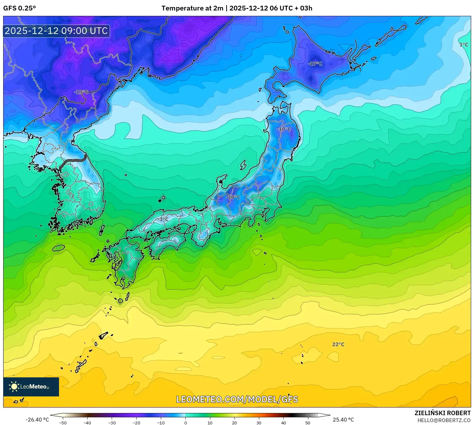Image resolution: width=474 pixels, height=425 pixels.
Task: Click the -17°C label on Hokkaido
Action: (x=315, y=64)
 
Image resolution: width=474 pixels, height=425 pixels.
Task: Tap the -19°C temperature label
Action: (x=81, y=92)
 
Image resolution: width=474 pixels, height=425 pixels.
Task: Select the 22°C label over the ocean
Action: (x=338, y=344)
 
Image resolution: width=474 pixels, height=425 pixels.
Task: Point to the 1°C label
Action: (x=464, y=45)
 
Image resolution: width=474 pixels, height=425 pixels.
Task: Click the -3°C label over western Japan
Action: (x=163, y=219)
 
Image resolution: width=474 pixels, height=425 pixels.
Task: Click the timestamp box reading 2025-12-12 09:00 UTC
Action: (x=56, y=31)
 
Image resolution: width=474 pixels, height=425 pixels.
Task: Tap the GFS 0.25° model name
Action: (x=19, y=8)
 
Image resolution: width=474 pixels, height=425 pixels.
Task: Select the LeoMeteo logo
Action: (x=31, y=387)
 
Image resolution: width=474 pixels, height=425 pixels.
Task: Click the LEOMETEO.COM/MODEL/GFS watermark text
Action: (x=237, y=399)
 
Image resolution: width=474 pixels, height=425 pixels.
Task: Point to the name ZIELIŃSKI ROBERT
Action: (x=443, y=413)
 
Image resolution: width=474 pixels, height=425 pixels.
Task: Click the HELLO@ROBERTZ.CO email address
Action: (x=444, y=420)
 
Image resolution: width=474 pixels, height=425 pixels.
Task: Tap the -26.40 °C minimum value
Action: (x=37, y=420)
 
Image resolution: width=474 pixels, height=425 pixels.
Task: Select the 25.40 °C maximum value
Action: (x=343, y=420)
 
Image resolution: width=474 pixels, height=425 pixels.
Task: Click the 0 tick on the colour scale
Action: (x=186, y=422)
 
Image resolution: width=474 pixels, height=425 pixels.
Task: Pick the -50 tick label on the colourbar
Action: (x=63, y=422)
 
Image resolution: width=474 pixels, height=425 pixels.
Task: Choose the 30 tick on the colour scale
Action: (x=259, y=422)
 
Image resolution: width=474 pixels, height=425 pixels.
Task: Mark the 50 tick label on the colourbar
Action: (x=308, y=422)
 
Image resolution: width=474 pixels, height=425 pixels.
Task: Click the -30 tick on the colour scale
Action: (x=112, y=422)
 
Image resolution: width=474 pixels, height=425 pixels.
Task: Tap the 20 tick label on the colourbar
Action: (x=234, y=422)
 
